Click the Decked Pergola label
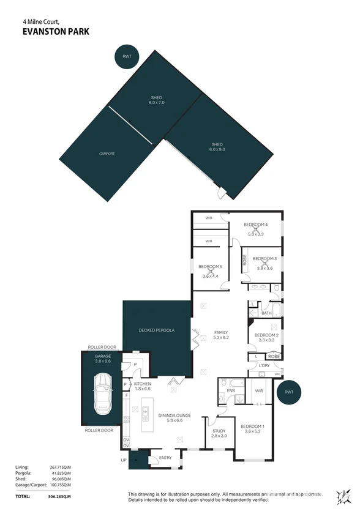[x=157, y=330]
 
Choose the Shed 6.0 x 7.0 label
[x=157, y=100]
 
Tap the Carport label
[x=107, y=154]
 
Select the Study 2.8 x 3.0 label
[x=219, y=433]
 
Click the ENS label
[x=231, y=390]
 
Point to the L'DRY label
[x=264, y=366]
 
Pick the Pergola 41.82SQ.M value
[x=60, y=474]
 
